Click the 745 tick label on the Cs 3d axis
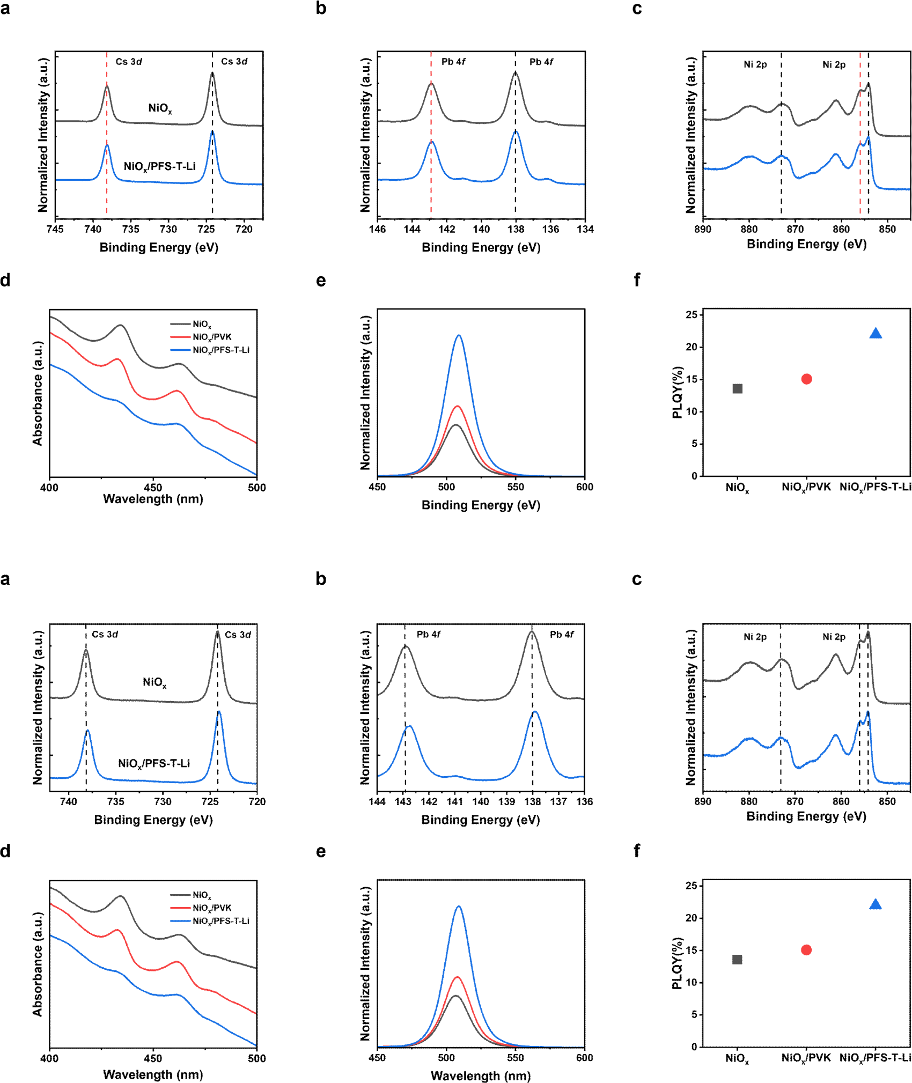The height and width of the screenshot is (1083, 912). [55, 230]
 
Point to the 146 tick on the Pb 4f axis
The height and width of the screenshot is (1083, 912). [377, 230]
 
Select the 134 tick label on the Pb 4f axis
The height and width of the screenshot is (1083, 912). [585, 230]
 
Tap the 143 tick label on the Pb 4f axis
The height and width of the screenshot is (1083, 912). [403, 801]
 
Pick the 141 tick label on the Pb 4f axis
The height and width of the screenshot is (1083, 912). [455, 801]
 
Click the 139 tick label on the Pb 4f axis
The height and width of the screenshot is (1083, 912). [506, 801]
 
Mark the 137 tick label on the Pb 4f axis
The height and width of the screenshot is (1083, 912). [558, 801]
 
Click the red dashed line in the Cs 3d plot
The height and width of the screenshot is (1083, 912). [107, 161]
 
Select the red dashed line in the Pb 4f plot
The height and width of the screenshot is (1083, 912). [431, 161]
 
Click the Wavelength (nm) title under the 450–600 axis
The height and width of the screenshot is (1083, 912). [481, 1075]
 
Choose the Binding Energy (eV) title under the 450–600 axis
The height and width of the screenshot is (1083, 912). [481, 505]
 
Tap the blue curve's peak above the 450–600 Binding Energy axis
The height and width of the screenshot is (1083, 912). [459, 336]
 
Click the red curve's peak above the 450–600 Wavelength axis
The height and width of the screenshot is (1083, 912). [457, 977]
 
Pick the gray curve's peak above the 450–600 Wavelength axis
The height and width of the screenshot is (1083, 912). [455, 996]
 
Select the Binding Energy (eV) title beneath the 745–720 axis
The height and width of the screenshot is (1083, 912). [159, 247]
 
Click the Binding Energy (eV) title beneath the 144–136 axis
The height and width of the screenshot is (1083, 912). [481, 820]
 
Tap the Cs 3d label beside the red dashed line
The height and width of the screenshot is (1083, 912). [129, 62]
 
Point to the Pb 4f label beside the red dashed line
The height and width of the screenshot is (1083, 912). [453, 62]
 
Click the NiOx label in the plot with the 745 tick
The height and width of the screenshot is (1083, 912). [160, 108]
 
